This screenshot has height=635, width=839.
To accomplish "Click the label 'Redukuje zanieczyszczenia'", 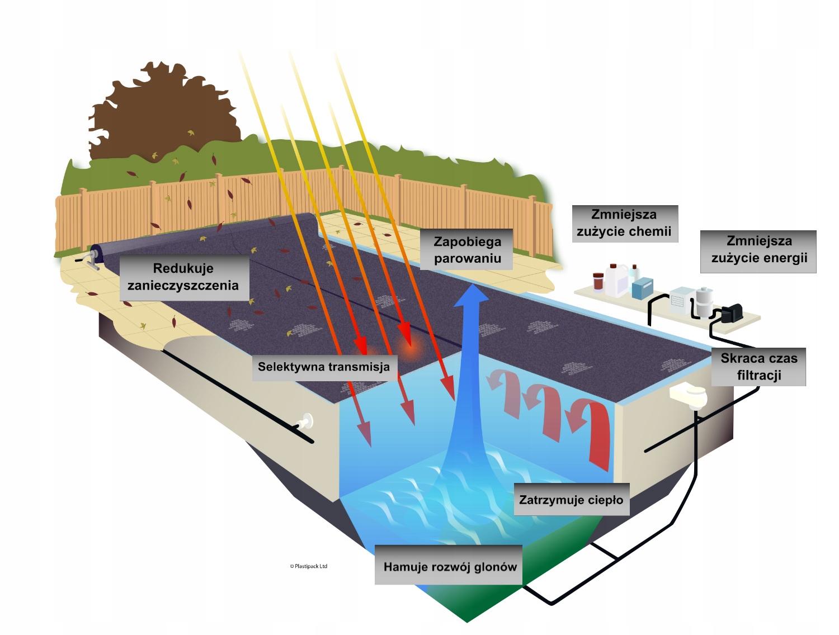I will click(x=184, y=277).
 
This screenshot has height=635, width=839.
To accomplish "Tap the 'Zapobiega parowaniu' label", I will click(x=467, y=250).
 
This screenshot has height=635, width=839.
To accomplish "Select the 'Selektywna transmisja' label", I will click(x=324, y=367).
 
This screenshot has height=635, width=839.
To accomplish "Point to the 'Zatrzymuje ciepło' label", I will click(x=571, y=500).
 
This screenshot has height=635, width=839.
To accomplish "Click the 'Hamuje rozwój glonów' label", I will click(x=450, y=566).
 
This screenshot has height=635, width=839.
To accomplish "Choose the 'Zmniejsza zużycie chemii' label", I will click(x=624, y=223).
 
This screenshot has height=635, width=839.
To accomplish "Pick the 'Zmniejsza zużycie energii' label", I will click(x=758, y=250).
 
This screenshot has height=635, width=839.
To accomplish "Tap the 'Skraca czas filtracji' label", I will click(x=758, y=367).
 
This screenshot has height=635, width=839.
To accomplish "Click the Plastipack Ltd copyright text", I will click(x=309, y=566).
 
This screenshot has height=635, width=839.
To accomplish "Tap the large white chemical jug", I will click(x=616, y=279).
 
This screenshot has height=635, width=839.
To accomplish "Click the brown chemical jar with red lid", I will click(x=598, y=282).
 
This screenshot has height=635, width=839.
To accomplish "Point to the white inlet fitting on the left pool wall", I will click(x=306, y=421).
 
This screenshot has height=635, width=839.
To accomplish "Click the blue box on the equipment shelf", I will click(x=643, y=288).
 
